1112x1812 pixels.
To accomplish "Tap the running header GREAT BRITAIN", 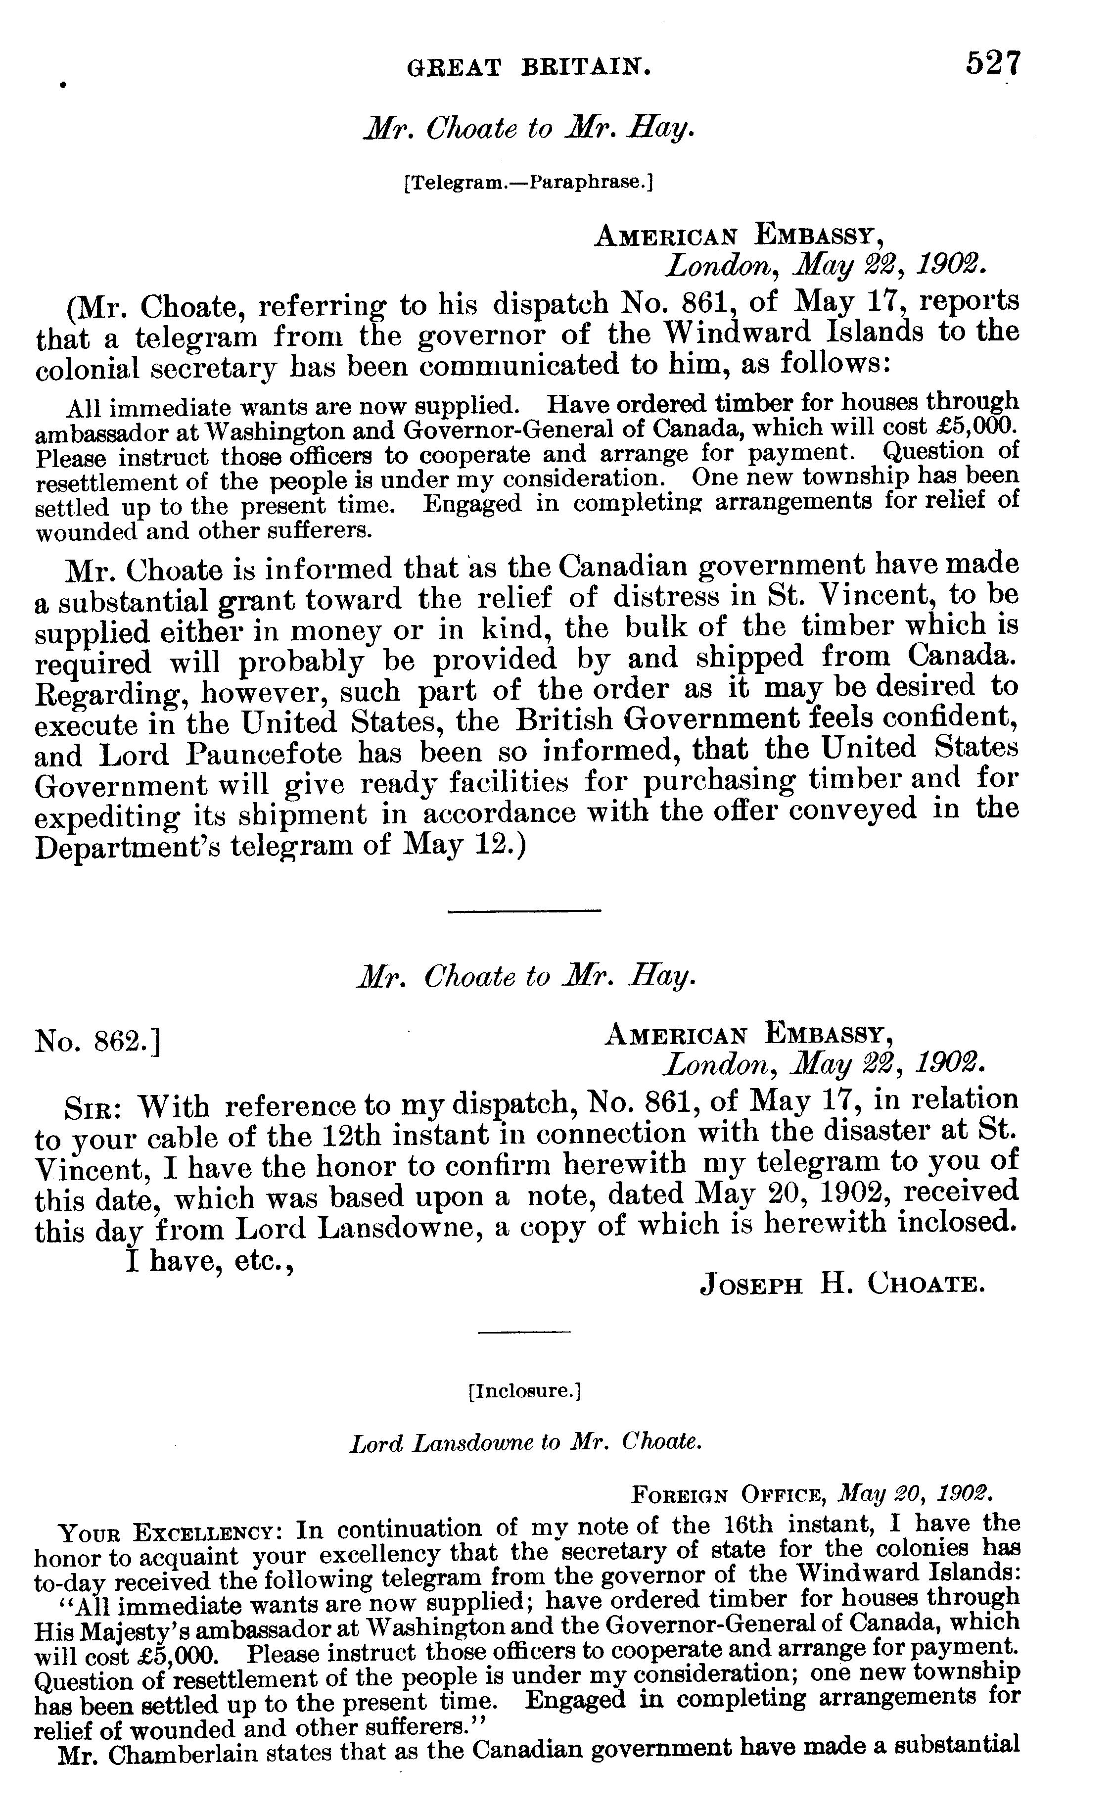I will pyautogui.click(x=529, y=68).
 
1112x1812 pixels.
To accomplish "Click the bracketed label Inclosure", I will pyautogui.click(x=525, y=1391).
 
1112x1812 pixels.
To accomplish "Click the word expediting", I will pyautogui.click(x=107, y=816).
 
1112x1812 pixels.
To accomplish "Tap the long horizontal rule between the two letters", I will pyautogui.click(x=524, y=911).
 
